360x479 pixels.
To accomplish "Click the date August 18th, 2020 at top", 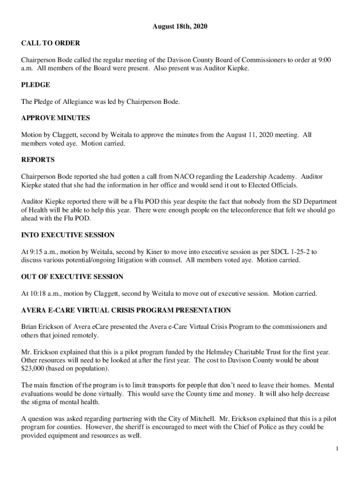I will pos(180,27).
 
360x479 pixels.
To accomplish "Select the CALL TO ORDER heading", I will pos(50,44).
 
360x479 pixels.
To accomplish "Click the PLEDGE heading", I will pos(36,85).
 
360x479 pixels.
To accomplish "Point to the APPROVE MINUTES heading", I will pos(56,118).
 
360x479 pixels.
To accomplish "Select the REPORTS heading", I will pos(38,160).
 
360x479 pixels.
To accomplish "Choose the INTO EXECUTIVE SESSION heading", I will pos(68,235).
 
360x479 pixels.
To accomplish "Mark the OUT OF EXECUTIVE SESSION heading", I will pos(72,277).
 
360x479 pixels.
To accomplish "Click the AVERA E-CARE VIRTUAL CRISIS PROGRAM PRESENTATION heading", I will pos(126,310).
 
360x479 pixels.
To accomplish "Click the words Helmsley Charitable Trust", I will pos(238,352).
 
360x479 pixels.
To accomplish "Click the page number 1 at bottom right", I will pos(337,449).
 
